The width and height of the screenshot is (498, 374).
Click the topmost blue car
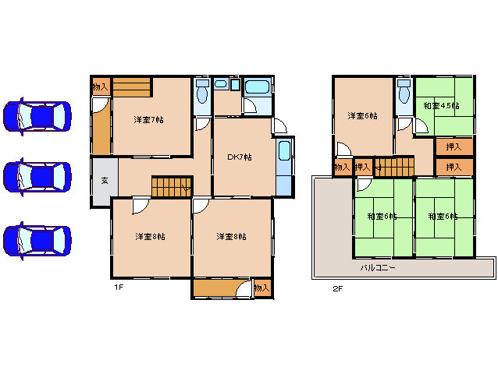[37, 116]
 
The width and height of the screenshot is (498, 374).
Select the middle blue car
[37, 177]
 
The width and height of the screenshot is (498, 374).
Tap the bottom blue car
[37, 241]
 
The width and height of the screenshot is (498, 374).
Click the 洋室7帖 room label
[148, 120]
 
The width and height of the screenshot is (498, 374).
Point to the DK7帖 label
[240, 157]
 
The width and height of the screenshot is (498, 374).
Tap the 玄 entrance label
[105, 181]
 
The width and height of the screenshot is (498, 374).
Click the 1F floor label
[119, 288]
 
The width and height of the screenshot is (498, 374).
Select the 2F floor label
[338, 288]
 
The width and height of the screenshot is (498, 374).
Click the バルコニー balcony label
[378, 268]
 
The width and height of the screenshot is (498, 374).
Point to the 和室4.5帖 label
[442, 105]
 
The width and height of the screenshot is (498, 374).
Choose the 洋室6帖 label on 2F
[362, 115]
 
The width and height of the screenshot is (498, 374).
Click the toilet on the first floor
[202, 91]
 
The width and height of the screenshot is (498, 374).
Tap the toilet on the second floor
[404, 91]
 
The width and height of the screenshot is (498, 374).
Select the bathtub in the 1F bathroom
[257, 86]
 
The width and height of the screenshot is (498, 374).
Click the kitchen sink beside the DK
[284, 150]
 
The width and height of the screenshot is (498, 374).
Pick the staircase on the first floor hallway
[172, 187]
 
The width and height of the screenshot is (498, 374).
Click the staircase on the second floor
[394, 167]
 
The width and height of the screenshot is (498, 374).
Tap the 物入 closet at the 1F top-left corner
[101, 86]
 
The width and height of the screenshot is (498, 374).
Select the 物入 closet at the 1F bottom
[262, 288]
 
